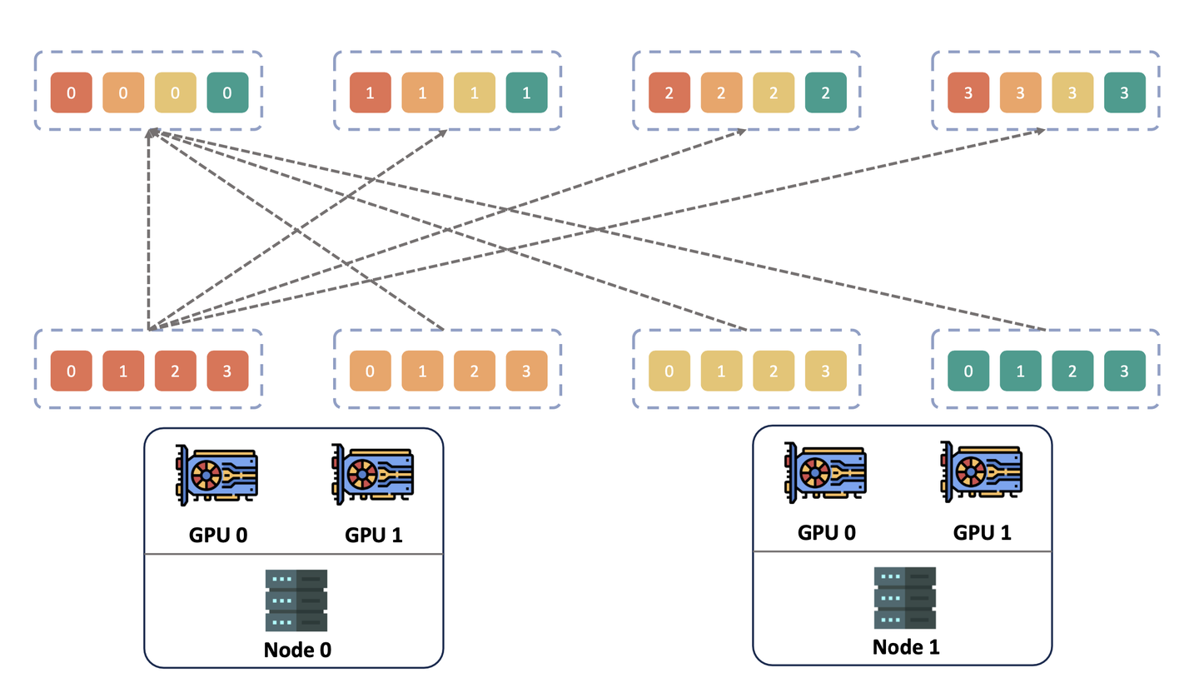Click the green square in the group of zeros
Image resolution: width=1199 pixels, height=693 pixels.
pos(227,93)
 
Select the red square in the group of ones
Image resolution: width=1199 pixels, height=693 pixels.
pos(371,93)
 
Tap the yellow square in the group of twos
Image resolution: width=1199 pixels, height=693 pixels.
pos(774,93)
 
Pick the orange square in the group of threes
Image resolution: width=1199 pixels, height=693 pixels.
pos(1021,93)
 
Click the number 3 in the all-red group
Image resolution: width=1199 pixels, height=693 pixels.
pos(227,371)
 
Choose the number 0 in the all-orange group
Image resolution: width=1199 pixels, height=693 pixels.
pos(371,371)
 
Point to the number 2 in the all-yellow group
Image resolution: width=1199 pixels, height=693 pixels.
pos(774,371)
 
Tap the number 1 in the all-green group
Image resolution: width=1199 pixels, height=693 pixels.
pos(1021,371)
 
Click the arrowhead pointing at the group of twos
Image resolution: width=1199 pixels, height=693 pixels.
pos(742,132)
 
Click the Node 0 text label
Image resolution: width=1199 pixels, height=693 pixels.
pos(292,650)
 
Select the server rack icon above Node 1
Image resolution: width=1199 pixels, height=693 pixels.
pos(904,598)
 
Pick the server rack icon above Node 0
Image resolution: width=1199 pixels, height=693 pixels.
pos(296,601)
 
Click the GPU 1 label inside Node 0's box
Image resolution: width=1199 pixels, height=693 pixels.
pos(373,535)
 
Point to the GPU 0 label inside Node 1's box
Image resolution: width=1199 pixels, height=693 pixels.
pos(827,533)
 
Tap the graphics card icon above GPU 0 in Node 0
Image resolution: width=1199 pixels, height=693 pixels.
pos(216,475)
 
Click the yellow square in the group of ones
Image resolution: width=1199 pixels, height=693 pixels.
pos(474,93)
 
